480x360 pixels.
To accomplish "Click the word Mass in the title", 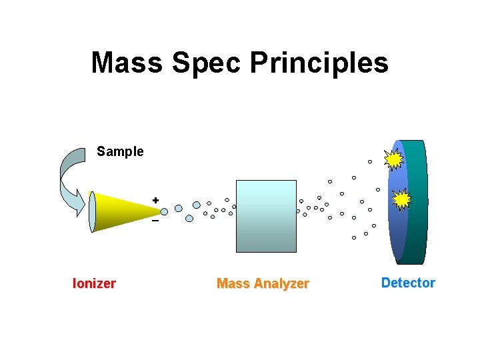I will coord(126,63).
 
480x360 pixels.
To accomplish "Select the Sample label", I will coord(120,151).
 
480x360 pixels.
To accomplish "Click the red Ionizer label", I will coord(94,283).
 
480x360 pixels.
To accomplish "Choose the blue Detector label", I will coord(408,283).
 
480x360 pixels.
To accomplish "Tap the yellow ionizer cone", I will coord(123,210).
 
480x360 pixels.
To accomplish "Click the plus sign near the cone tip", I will coord(155,199).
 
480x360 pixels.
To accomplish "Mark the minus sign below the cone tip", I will coord(155,221).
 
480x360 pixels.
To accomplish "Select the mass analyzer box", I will coord(266,216).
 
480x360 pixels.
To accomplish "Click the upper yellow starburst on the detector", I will coord(394,159).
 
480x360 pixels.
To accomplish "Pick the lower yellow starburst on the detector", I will coord(401,199).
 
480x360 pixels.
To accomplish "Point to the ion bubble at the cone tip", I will coord(164,211).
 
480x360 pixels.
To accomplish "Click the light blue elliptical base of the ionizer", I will coord(92,211).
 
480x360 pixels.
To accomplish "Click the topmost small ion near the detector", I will coord(370,161).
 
